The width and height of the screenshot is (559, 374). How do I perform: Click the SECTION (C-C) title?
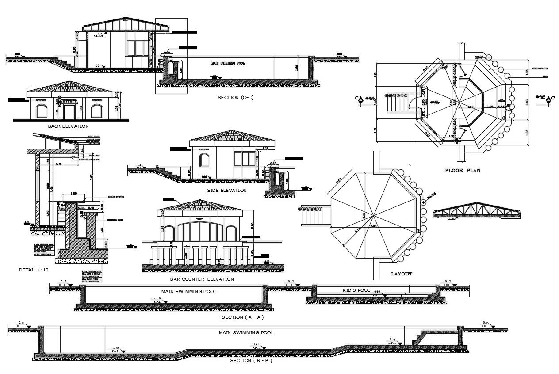tap(236, 97)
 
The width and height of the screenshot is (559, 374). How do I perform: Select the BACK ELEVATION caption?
tap(68, 126)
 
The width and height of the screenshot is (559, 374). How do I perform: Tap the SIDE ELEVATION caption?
tap(226, 190)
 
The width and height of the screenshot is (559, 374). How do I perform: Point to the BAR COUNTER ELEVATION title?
tap(202, 279)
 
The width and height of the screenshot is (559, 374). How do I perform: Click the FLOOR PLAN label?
tap(463, 170)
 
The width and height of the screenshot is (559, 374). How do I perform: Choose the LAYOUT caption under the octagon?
tap(402, 274)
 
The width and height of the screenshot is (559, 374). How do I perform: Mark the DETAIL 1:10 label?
tap(34, 270)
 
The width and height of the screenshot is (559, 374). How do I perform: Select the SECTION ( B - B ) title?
tap(251, 360)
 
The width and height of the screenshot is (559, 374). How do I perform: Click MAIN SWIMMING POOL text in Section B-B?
tap(246, 332)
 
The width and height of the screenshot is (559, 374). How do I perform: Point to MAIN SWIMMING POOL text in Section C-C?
tap(228, 63)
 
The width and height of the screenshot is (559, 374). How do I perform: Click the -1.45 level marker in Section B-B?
tap(255, 344)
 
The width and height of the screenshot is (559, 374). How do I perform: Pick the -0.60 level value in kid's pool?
tap(376, 292)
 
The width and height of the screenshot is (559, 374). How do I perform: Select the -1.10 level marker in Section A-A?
tap(157, 299)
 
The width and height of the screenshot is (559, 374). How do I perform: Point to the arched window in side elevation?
tap(204, 160)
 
